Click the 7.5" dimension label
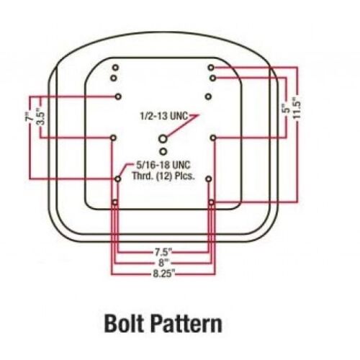click(x=163, y=253)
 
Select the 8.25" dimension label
click(x=163, y=274)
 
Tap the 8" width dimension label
click(x=163, y=263)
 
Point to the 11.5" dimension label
click(x=297, y=108)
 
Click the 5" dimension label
click(x=286, y=109)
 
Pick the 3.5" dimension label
click(x=41, y=117)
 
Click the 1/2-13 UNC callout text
click(x=164, y=116)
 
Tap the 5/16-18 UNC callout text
click(x=163, y=165)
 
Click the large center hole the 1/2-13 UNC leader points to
click(x=163, y=138)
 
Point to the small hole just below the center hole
click(x=163, y=151)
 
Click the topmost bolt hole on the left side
click(x=116, y=68)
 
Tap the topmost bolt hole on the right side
click(x=211, y=68)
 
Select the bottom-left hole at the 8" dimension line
click(x=115, y=202)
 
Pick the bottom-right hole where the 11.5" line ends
click(x=211, y=202)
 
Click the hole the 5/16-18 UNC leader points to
click(x=118, y=179)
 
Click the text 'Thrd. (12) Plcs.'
click(x=163, y=176)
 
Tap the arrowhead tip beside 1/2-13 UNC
click(x=199, y=115)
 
